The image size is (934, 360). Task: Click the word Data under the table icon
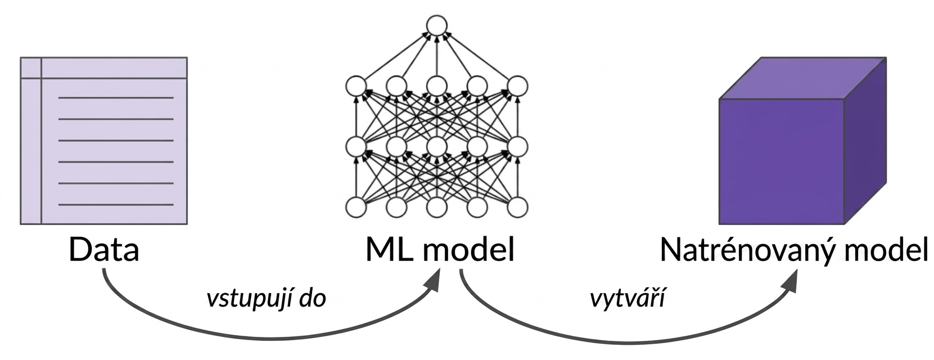point(104,249)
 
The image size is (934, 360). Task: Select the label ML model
point(440,249)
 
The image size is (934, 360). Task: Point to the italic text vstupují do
point(267,299)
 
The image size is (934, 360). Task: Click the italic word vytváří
point(628,299)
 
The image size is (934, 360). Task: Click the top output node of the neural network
point(436,25)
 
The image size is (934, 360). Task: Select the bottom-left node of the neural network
point(356,207)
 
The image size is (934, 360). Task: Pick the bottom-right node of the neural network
point(517,207)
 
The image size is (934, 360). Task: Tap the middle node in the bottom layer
point(436,207)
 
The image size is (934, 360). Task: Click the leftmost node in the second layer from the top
point(356,87)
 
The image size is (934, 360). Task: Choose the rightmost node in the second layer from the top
point(517,87)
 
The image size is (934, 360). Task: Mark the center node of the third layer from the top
point(436,146)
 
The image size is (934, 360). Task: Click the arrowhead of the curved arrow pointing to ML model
point(432,282)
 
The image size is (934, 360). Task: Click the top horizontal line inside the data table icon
point(116,98)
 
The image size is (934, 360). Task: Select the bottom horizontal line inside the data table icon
point(116,204)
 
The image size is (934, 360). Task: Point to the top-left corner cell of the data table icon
point(31,67)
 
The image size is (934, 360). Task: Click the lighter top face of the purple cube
point(802,78)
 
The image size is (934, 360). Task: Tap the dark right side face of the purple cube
point(865,141)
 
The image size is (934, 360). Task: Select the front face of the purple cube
point(782,162)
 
